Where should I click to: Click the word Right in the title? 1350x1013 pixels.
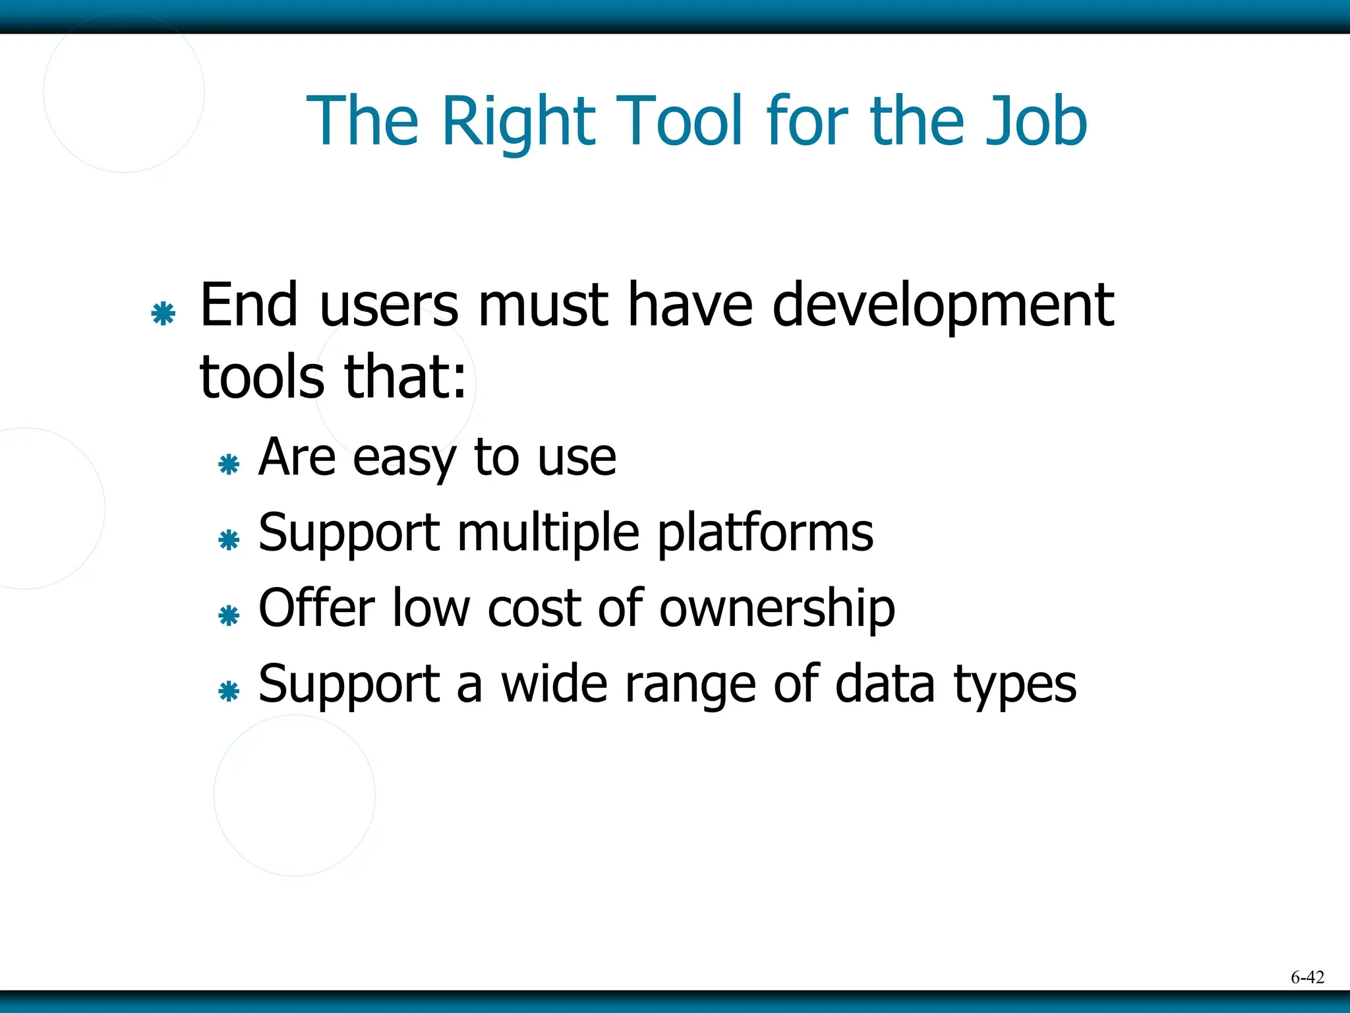pos(519,121)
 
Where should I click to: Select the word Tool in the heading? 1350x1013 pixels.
pos(680,121)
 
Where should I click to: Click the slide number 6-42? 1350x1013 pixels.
pos(1307,977)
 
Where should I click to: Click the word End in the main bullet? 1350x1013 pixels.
pos(249,305)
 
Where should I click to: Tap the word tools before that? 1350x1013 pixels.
pos(262,377)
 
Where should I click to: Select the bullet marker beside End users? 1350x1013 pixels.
pos(163,313)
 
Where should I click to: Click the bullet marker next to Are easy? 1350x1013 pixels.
pos(229,464)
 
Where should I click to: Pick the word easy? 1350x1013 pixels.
pos(404,458)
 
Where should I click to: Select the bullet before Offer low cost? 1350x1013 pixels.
pos(229,616)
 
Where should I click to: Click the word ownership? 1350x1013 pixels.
pos(777,609)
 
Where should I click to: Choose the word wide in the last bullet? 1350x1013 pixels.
pos(554,684)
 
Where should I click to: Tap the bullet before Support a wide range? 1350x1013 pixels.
pos(229,692)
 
